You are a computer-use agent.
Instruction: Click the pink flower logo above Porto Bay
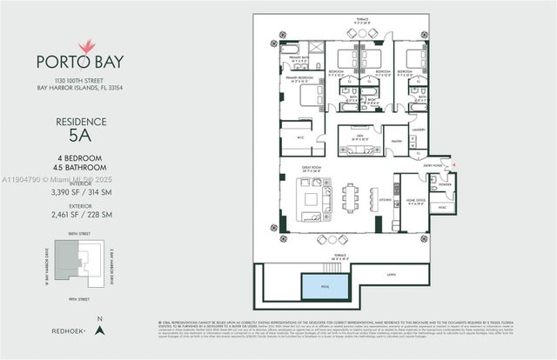point(86,45)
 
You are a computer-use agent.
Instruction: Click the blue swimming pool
point(321,284)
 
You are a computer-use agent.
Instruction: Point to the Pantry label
point(398,139)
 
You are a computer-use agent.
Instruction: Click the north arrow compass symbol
point(101,330)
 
